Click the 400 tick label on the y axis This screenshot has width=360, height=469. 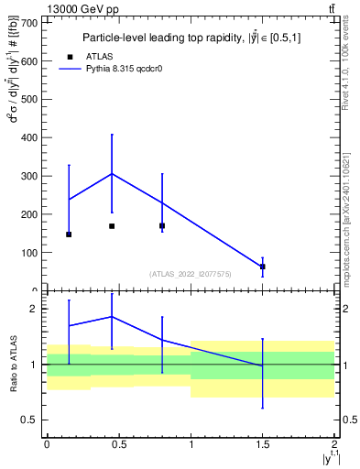29,137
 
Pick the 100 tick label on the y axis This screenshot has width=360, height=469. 29,253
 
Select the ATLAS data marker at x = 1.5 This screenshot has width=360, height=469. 263,267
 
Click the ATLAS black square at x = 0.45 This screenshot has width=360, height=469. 112,226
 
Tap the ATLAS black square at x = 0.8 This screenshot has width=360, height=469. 162,225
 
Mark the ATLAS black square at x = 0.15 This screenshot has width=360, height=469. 69,234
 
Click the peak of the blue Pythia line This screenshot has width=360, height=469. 112,173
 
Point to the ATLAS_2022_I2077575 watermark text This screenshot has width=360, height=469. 191,273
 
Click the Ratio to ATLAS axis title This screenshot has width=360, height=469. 12,365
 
